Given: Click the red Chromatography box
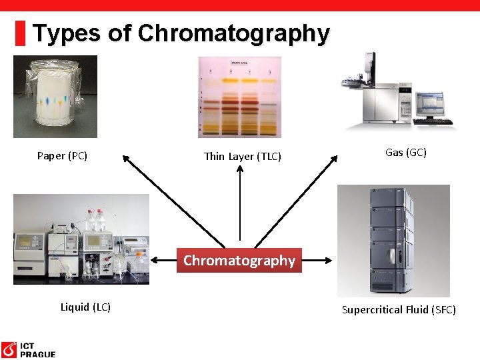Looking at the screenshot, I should (239, 261).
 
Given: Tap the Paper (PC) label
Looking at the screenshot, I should (62, 156).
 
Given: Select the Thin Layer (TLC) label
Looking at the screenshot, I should (243, 157).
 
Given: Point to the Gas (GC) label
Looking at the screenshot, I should (406, 153).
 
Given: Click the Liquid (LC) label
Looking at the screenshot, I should (85, 307).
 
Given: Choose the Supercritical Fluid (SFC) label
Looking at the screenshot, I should (399, 309).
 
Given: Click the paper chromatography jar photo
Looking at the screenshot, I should (55, 96).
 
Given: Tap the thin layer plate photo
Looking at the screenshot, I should (239, 96).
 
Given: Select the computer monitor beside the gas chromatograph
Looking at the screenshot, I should (430, 103).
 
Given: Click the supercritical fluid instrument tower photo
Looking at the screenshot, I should (393, 240).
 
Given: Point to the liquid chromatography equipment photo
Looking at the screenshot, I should (81, 239).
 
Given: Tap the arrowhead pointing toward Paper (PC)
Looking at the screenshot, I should (125, 159).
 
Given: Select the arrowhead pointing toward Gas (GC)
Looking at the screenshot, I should (336, 159).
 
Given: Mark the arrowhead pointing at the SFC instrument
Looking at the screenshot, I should (332, 260).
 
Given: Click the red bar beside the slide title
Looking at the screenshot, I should (21, 33).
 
